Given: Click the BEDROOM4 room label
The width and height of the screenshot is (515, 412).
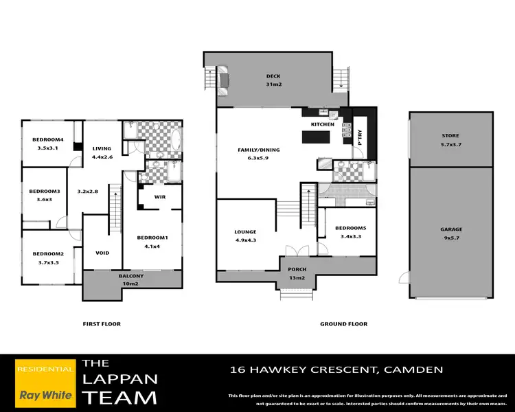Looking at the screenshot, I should point(48,140).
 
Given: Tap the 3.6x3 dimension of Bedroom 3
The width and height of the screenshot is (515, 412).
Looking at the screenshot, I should point(45,199).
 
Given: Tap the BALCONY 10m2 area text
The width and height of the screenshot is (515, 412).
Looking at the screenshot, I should point(133,279).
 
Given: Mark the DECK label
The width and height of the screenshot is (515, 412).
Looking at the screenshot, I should point(273,76).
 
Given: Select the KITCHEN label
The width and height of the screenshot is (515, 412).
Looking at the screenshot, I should point(323,124).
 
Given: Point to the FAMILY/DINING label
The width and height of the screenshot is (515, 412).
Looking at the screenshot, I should point(260,150).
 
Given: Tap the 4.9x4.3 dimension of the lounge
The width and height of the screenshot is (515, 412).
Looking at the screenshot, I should point(246,240).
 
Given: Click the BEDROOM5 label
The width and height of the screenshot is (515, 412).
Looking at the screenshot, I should point(350,228).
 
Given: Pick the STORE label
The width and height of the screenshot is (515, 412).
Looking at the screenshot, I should point(450,136).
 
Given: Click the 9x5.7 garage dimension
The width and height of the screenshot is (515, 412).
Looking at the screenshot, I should point(451,238).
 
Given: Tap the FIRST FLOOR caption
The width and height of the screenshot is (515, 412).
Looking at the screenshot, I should point(102,324).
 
